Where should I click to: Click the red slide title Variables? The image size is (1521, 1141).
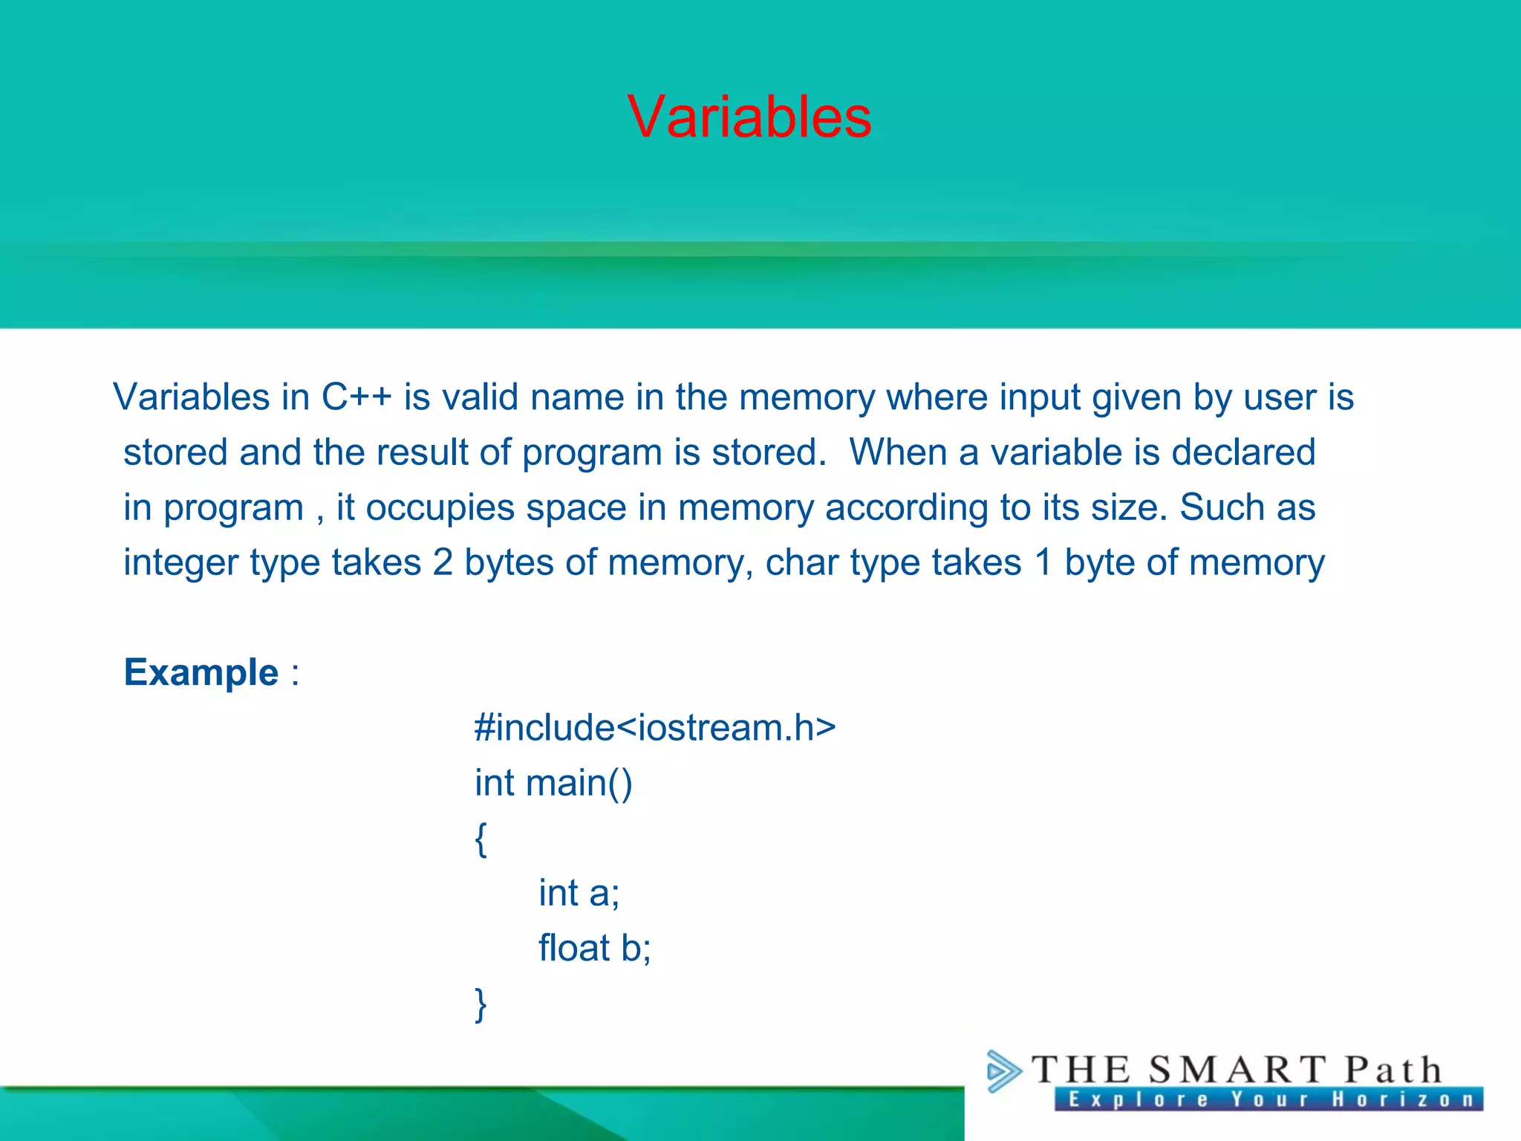[x=749, y=117]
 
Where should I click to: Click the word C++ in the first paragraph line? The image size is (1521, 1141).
[x=356, y=397]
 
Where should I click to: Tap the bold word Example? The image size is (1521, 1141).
[x=201, y=672]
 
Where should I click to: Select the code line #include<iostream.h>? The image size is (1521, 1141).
[x=655, y=727]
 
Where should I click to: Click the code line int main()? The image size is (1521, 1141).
[x=553, y=783]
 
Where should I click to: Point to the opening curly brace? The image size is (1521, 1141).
[x=481, y=839]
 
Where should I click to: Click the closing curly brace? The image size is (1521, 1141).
[x=481, y=1004]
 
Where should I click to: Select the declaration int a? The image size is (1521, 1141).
[x=579, y=893]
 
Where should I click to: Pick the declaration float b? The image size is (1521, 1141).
[x=594, y=949]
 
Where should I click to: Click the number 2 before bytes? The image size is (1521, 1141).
[x=443, y=562]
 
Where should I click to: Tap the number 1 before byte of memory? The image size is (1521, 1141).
[x=1043, y=562]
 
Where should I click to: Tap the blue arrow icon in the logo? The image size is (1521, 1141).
[x=1003, y=1071]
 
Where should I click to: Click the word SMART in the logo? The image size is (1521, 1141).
[x=1237, y=1070]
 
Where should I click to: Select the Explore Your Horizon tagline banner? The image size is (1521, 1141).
[x=1268, y=1099]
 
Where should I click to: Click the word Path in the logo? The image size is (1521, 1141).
[x=1393, y=1070]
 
